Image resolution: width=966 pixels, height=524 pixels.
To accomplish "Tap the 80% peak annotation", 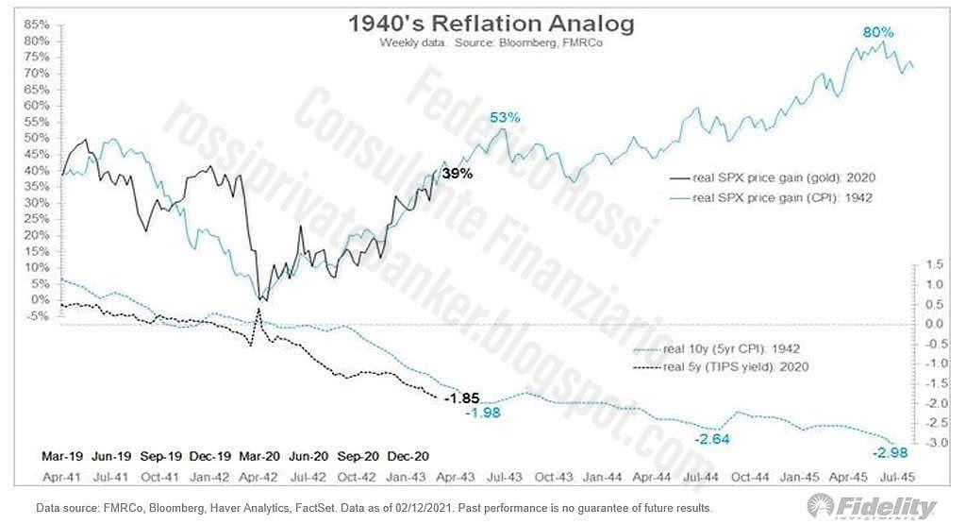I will (877, 33).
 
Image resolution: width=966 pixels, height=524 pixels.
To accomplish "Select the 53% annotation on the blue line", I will (505, 117).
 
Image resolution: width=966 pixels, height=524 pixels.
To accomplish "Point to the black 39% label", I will (457, 174).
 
